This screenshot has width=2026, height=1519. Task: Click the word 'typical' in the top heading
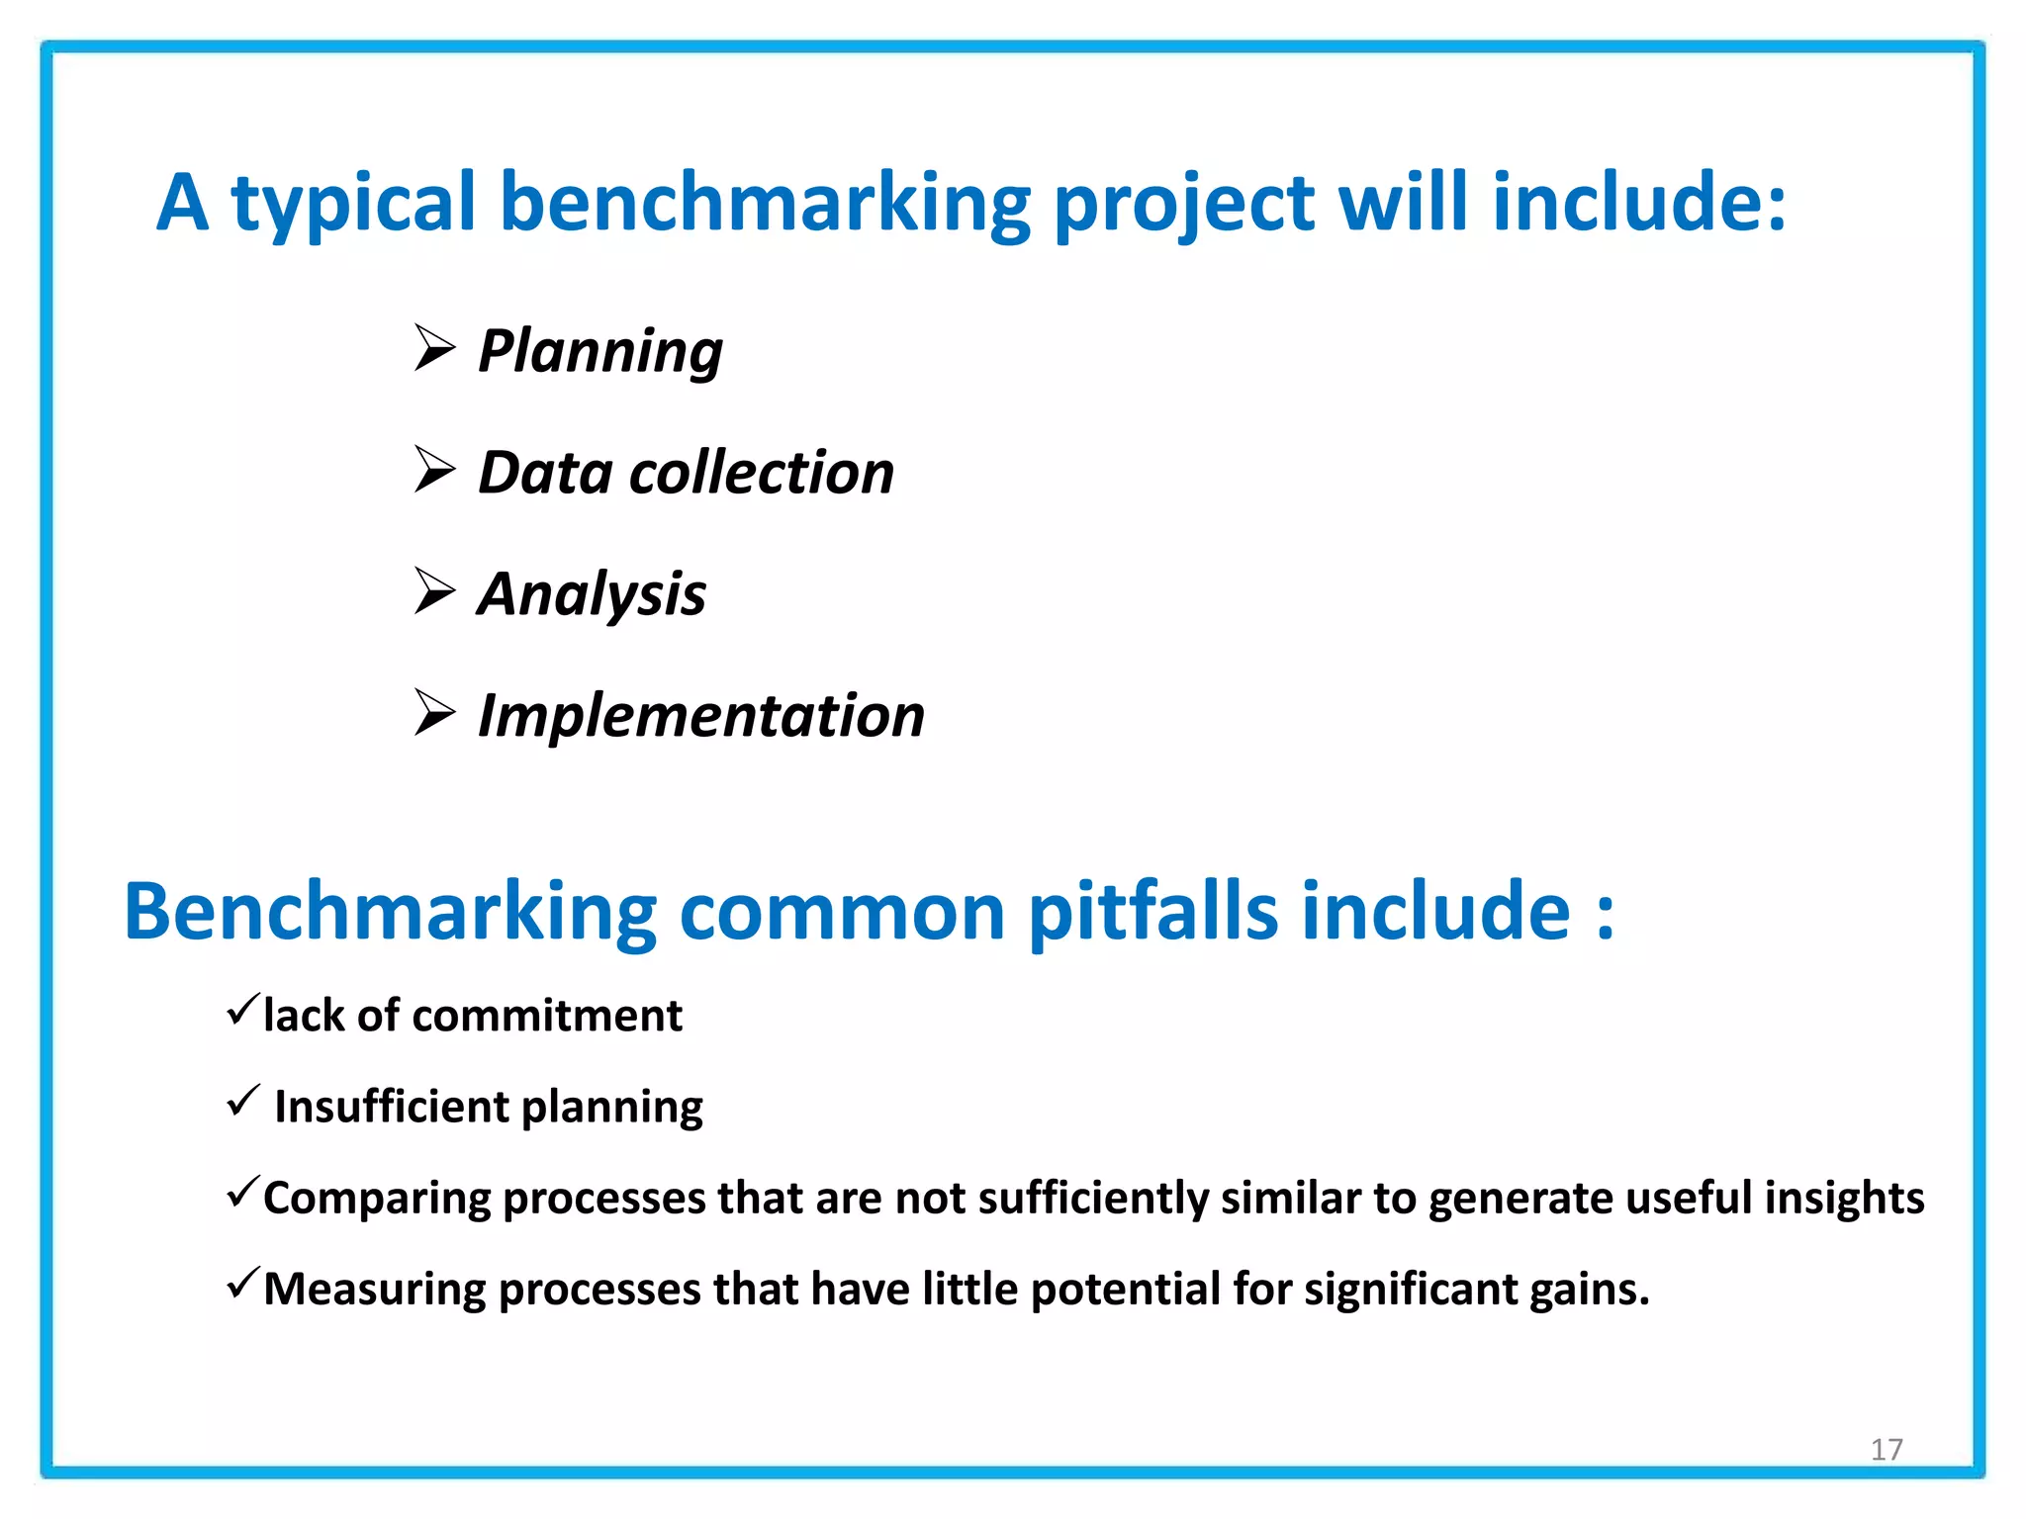354,206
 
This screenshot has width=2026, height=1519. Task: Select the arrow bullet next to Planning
434,348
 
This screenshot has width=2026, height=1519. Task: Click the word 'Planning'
599,352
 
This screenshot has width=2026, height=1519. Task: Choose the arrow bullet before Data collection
434,470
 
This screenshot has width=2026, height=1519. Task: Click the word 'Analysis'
592,595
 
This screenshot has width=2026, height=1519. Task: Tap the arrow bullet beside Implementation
434,713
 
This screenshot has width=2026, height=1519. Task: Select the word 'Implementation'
700,716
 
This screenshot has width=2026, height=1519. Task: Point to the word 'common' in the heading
842,912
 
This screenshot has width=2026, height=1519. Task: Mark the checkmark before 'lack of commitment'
242,1009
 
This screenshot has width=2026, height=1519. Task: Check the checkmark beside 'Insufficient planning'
242,1100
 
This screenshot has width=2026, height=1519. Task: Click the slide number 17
1886,1450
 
